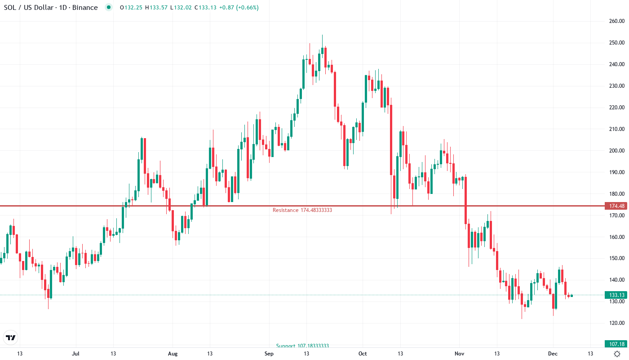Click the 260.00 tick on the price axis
(616, 21)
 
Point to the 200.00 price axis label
(616, 151)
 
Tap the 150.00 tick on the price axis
(616, 258)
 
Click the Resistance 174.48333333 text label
(302, 210)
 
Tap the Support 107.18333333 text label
(302, 346)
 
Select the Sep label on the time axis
(269, 354)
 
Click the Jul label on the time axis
(75, 354)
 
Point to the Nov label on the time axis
(459, 354)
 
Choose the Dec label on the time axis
(553, 354)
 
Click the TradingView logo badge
(10, 337)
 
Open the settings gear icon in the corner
(617, 354)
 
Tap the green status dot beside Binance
(108, 8)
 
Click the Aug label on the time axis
(173, 354)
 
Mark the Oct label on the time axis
(363, 354)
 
